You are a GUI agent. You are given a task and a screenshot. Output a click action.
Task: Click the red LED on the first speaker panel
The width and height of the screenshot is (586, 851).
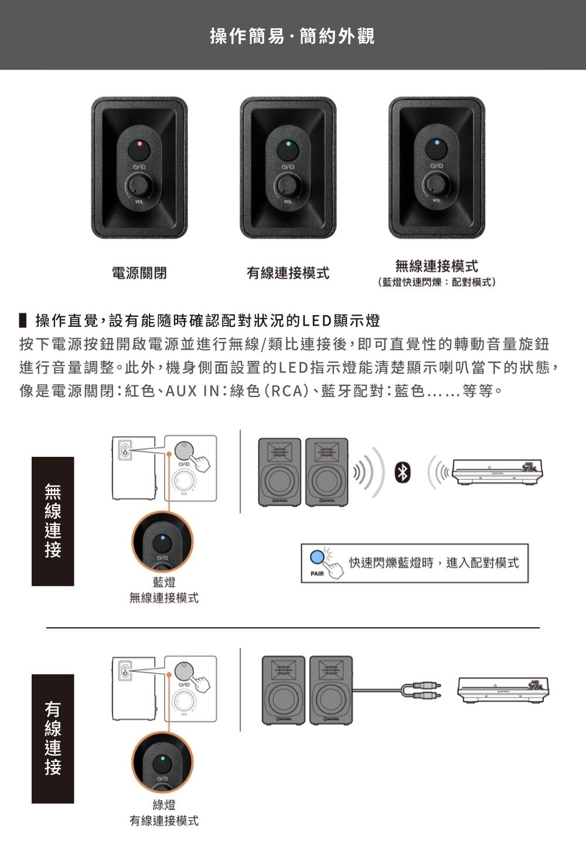[x=139, y=143]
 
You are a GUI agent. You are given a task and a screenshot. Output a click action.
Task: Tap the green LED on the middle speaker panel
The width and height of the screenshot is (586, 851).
[x=288, y=143]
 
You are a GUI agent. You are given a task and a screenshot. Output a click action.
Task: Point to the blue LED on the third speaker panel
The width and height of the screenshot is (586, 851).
[x=437, y=142]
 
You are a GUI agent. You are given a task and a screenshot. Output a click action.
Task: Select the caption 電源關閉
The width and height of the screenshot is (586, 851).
[x=139, y=273]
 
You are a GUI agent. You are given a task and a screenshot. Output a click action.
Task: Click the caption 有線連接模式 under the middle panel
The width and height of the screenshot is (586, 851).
[x=288, y=273]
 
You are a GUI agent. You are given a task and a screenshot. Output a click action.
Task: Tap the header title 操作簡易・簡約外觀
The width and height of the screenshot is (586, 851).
[x=292, y=36]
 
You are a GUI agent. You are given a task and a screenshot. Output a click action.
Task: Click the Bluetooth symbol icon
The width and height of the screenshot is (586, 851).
[x=402, y=472]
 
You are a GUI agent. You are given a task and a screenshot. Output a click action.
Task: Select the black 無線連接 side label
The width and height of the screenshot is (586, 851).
[x=53, y=521]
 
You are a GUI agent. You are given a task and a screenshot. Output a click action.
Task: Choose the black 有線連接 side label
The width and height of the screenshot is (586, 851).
[x=53, y=738]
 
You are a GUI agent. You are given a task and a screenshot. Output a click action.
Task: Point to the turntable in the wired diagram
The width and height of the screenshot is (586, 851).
[x=503, y=690]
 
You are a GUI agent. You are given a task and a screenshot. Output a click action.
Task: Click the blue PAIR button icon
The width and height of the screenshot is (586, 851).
[x=318, y=556]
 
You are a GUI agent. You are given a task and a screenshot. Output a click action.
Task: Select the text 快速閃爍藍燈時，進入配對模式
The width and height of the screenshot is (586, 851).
[x=434, y=563]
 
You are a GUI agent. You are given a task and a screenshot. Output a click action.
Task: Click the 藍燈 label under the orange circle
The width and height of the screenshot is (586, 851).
[x=164, y=582]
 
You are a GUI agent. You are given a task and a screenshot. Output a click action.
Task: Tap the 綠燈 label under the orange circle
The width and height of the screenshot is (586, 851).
[x=164, y=805]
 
